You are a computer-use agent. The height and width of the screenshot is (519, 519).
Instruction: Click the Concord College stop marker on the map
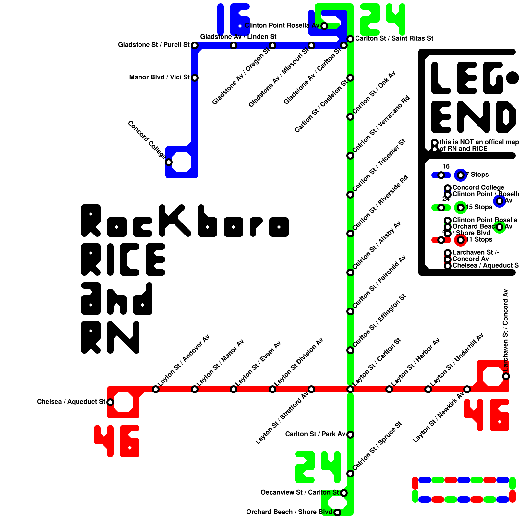coord(169,162)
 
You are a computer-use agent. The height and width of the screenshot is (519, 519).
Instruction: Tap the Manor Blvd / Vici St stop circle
coord(195,78)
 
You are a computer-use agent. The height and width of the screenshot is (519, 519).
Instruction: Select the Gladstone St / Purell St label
coord(154,45)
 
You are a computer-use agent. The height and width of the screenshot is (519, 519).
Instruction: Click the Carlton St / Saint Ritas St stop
coord(350,39)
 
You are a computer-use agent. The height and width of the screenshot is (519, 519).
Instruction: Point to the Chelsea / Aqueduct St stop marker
coord(110,402)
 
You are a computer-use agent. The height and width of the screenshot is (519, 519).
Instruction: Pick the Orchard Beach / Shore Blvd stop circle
coord(337,513)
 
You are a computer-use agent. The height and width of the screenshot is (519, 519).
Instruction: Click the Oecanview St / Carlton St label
coord(300,493)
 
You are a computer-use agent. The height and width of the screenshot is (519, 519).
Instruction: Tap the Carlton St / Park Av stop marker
coord(350,435)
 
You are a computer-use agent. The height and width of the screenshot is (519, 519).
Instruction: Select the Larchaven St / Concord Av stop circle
coord(506,376)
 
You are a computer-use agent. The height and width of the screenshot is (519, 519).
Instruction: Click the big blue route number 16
coord(234,19)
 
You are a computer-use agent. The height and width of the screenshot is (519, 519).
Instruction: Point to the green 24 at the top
coord(383,19)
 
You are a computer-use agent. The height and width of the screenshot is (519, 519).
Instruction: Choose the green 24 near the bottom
coord(318,467)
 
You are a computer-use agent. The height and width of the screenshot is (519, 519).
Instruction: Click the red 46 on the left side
coord(117,441)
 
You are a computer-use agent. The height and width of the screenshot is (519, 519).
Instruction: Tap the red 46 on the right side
coord(487,415)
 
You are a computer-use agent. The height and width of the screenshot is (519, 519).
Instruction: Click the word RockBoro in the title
coord(185,221)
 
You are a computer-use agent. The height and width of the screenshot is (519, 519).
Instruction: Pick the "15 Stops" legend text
coord(479,207)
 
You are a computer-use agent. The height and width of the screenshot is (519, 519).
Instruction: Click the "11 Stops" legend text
coord(479,240)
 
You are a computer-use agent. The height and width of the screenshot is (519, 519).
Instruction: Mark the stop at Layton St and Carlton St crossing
coord(350,389)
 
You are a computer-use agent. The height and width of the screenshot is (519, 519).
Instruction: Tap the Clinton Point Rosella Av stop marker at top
coord(324,26)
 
